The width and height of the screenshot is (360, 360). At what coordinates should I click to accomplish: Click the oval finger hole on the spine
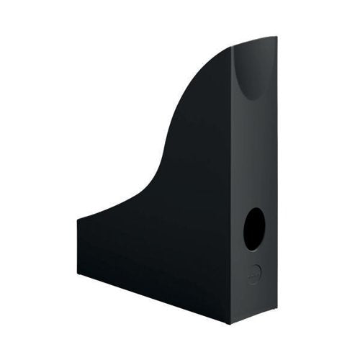click(x=253, y=229)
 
